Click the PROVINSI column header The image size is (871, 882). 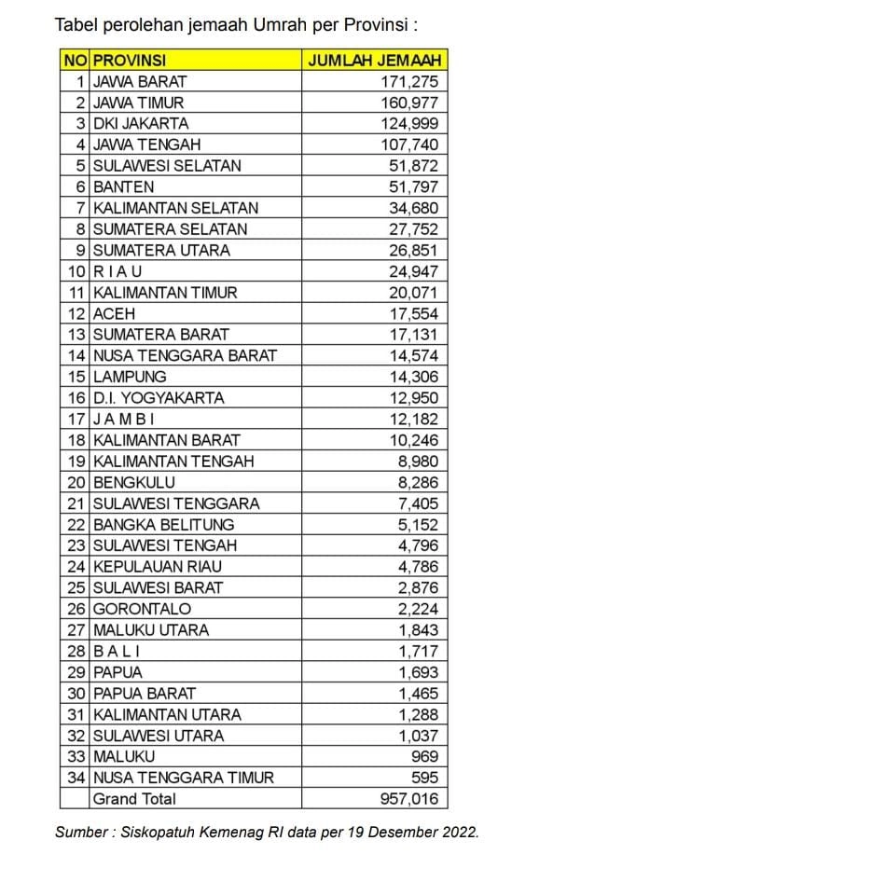(130, 61)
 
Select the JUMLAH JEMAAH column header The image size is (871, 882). (374, 61)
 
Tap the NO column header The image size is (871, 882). (75, 61)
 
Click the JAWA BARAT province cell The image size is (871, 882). (140, 82)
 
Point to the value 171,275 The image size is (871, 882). (409, 82)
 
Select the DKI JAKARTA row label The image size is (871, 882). (141, 124)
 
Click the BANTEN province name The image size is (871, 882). (124, 187)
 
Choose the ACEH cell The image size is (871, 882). (115, 314)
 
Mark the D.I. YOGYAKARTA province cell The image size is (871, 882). (159, 398)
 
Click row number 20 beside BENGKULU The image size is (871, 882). (76, 483)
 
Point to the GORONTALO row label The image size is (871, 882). (143, 609)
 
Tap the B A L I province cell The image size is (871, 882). (118, 651)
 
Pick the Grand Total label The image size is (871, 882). (134, 799)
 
